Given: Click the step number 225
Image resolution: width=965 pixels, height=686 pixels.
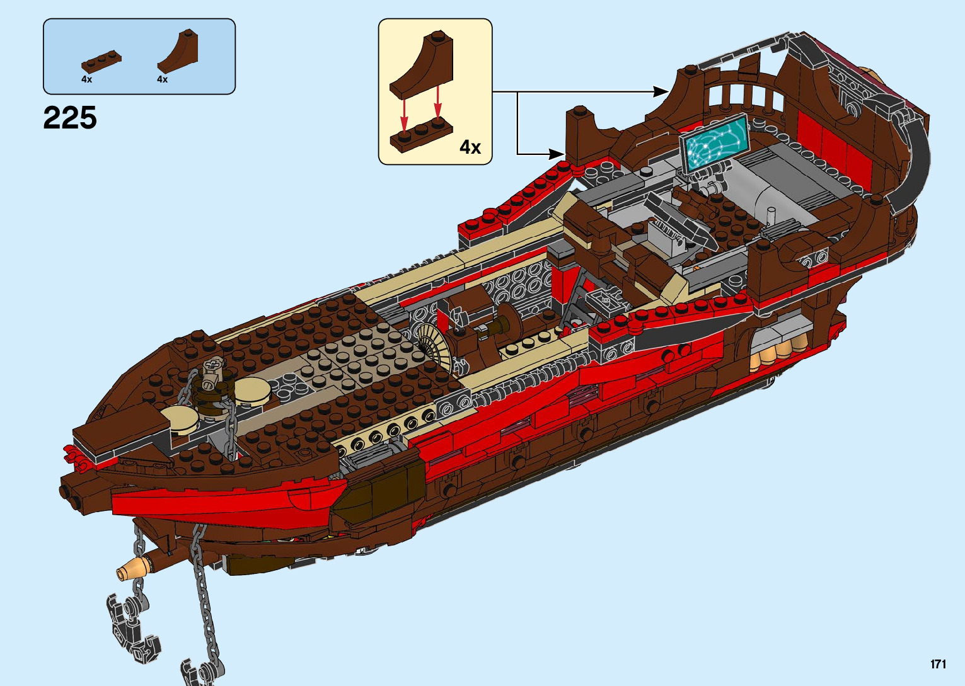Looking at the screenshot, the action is tap(70, 118).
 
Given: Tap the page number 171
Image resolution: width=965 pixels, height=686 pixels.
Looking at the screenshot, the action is tap(938, 664).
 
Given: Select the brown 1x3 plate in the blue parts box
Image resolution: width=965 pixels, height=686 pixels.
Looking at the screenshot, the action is tap(101, 60).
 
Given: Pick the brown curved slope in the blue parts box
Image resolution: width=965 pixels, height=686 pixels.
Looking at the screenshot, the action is tap(178, 52).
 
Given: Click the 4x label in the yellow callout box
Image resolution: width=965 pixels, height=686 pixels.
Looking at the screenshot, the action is tap(470, 147).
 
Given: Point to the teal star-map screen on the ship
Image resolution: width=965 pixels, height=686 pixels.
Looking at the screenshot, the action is tap(714, 142).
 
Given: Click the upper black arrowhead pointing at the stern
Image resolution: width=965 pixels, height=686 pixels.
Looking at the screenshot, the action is tap(662, 92).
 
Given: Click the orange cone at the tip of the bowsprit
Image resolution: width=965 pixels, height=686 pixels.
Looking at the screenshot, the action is tap(130, 571).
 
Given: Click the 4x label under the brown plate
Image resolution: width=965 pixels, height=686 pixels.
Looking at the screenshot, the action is tap(86, 79).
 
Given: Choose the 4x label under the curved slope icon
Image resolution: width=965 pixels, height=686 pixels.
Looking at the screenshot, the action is tap(162, 79).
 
